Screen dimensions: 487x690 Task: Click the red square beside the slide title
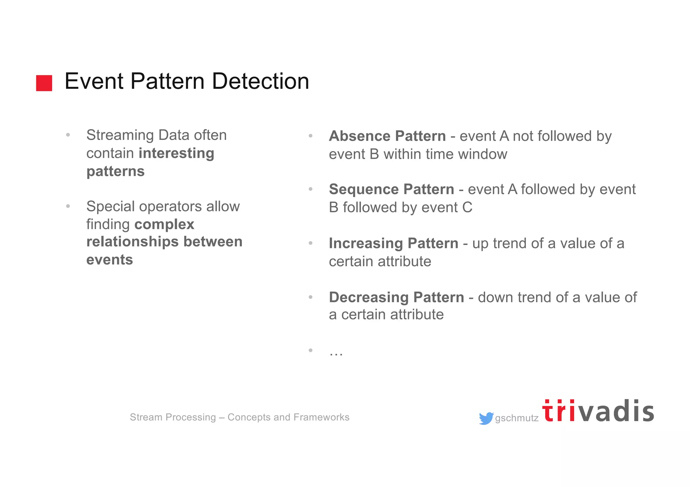[44, 83]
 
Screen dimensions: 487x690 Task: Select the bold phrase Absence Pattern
[387, 136]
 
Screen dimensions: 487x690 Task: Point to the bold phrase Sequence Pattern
[391, 189]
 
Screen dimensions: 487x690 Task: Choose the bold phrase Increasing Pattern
[393, 243]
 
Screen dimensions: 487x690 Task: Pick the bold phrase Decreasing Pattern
[396, 297]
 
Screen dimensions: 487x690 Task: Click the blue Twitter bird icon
[486, 418]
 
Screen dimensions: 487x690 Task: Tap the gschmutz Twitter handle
[516, 418]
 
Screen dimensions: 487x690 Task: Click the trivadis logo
[598, 411]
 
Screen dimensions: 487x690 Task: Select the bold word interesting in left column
[176, 153]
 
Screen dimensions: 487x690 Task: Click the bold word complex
[164, 224]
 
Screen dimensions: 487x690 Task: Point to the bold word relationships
[132, 242]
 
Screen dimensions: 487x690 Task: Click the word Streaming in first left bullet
[120, 135]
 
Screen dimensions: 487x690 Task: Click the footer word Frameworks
[321, 417]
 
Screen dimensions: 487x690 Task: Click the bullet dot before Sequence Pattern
[311, 189]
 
